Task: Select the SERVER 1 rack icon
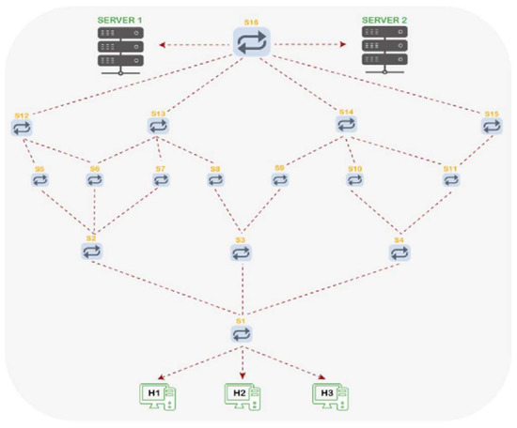[x=121, y=49]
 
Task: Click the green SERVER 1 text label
[x=121, y=19]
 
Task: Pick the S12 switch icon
[x=23, y=127]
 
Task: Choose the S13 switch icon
[x=158, y=125]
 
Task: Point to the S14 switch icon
[x=346, y=125]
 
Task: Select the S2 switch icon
[x=91, y=252]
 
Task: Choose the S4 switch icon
[x=399, y=252]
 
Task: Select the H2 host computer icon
[x=241, y=395]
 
